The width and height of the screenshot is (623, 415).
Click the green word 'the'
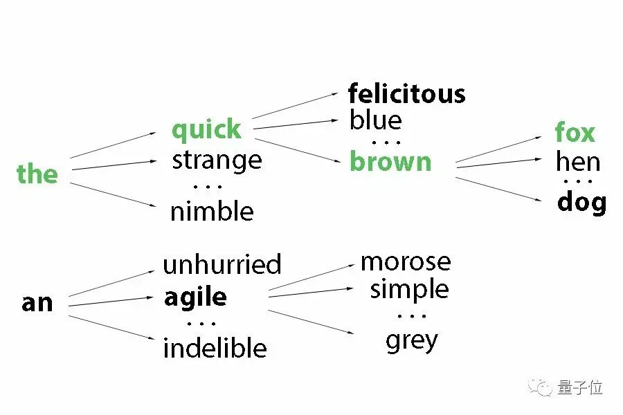coord(37,174)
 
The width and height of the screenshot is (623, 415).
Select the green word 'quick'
coord(206,130)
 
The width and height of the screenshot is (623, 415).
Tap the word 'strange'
coord(217,160)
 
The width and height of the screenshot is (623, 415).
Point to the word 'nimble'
coord(212,212)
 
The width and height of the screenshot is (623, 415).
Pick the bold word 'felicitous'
coord(406,93)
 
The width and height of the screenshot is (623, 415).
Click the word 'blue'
coord(376,120)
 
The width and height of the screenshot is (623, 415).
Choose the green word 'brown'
coord(390,162)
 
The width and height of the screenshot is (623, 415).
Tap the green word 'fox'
coord(575,133)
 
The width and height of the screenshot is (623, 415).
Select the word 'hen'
coord(577,163)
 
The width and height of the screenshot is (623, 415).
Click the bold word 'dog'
coord(581,203)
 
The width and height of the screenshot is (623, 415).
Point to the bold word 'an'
coord(37,303)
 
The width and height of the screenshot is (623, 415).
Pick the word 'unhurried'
coord(222,264)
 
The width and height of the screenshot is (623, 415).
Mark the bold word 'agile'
coord(195,297)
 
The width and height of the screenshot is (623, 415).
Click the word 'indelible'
coord(215,347)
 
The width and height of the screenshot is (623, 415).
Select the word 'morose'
coord(406,261)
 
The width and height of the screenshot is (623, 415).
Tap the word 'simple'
coord(409,289)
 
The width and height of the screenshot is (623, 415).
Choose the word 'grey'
coord(412,340)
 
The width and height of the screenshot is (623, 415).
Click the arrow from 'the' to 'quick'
coord(114,145)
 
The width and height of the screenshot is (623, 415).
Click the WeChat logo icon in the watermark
coord(540,387)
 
